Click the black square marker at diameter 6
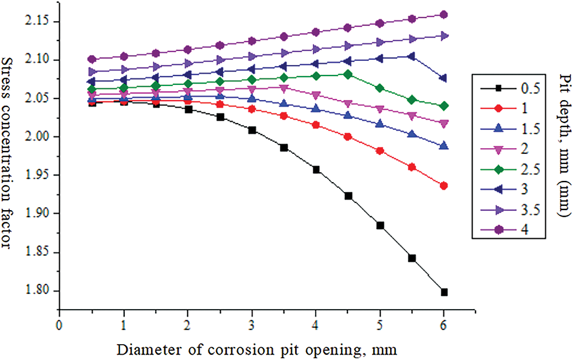tap(444, 292)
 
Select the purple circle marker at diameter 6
tap(444, 15)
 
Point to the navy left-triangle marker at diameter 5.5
tap(412, 56)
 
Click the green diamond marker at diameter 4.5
tap(348, 74)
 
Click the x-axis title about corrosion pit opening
tap(257, 349)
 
